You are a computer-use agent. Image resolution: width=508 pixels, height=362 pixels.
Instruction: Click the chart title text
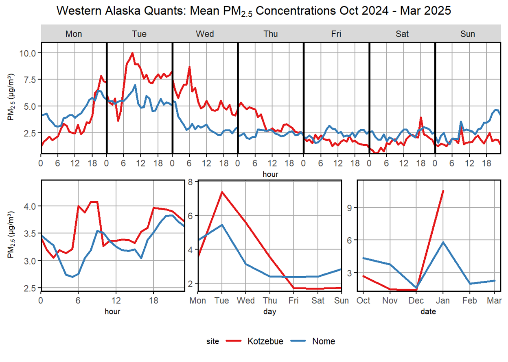click(x=254, y=11)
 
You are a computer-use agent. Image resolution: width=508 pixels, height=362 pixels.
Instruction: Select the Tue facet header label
click(x=140, y=34)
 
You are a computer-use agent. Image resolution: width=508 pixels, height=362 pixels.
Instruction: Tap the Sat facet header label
click(x=402, y=34)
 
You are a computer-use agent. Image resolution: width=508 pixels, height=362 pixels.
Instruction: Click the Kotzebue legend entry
click(x=265, y=341)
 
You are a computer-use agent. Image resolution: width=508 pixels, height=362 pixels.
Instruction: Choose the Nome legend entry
click(x=323, y=341)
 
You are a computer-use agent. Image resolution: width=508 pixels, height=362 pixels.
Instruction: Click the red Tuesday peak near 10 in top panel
click(x=132, y=53)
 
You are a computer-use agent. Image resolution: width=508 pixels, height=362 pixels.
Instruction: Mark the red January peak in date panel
click(x=443, y=191)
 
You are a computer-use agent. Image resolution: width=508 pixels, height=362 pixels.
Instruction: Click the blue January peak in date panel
click(x=443, y=242)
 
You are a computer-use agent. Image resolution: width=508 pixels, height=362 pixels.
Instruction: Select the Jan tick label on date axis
click(x=443, y=301)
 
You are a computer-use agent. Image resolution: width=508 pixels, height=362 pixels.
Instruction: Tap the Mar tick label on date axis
click(x=494, y=301)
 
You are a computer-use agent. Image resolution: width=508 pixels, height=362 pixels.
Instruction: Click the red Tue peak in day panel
click(x=221, y=192)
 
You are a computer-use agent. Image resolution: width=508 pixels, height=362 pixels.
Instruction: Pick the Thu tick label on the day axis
click(x=270, y=301)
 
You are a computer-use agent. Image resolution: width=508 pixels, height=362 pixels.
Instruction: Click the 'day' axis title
click(x=269, y=312)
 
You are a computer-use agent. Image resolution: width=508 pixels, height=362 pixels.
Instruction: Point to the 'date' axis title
click(x=428, y=312)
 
